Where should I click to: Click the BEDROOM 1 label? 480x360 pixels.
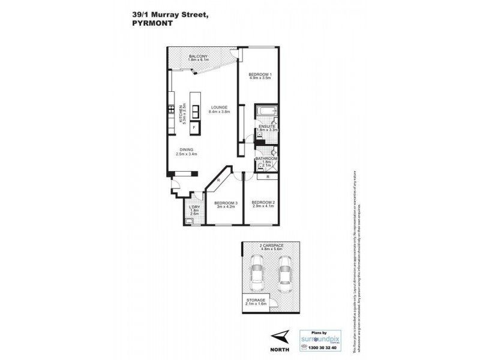click(x=260, y=74)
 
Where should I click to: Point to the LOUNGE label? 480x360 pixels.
click(x=219, y=108)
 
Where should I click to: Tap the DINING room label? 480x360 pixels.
click(x=187, y=151)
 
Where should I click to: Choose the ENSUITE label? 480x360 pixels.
click(x=266, y=127)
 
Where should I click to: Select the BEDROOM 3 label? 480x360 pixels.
click(x=227, y=203)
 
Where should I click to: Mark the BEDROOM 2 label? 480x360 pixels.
click(x=263, y=203)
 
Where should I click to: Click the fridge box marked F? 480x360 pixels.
click(x=195, y=128)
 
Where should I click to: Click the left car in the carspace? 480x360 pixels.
click(x=256, y=272)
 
